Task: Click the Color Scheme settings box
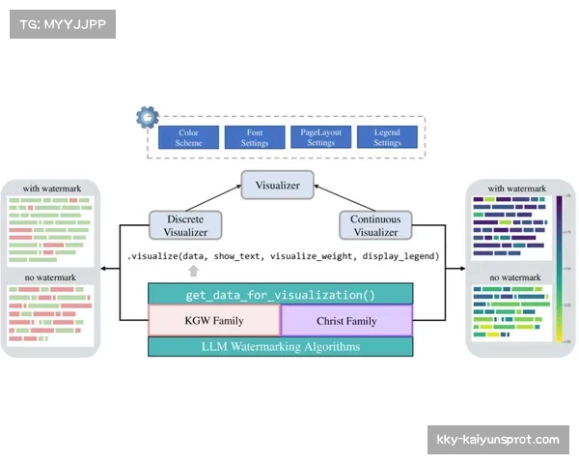point(188,136)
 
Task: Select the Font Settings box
point(254,136)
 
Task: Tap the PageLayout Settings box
point(320,136)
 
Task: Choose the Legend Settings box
point(387,136)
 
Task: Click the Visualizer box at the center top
point(277,185)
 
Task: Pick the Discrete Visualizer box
point(184,225)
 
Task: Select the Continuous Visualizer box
point(374,225)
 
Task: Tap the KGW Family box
point(213,321)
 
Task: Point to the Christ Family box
point(346,321)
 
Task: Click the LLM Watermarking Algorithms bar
point(280,346)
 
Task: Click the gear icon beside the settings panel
point(148,117)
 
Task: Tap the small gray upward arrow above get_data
point(193,272)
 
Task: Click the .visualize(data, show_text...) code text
point(283,256)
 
